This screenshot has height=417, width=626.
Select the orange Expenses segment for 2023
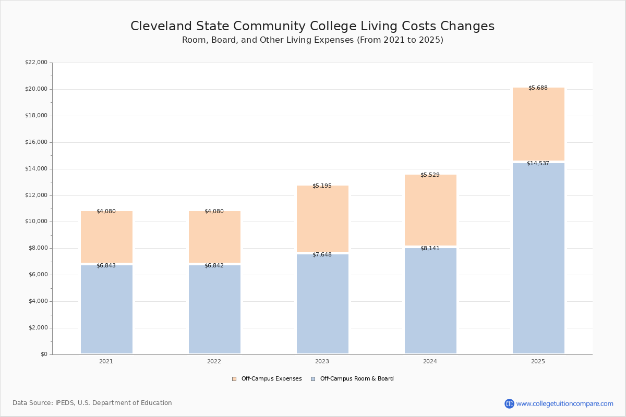(x=322, y=219)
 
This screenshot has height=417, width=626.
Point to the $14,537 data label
(x=538, y=164)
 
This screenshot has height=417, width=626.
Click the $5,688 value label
(x=538, y=88)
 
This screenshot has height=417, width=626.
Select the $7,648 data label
(x=322, y=254)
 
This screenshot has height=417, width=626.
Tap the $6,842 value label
(x=214, y=266)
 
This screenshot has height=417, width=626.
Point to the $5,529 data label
(x=430, y=175)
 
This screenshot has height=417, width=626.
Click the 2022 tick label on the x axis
(x=214, y=362)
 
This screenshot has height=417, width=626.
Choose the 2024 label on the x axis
(x=430, y=362)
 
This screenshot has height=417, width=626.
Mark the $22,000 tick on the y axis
(x=36, y=63)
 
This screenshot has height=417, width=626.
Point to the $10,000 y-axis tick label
(x=36, y=222)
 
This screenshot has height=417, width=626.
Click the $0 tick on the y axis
(x=43, y=354)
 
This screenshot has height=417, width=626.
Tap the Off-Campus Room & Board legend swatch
(x=313, y=379)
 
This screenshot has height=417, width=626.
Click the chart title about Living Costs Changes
(x=312, y=27)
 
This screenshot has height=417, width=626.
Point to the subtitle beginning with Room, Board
(x=312, y=40)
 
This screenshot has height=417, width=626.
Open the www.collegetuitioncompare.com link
(x=564, y=403)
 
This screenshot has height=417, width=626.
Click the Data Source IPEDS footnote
(x=92, y=403)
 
